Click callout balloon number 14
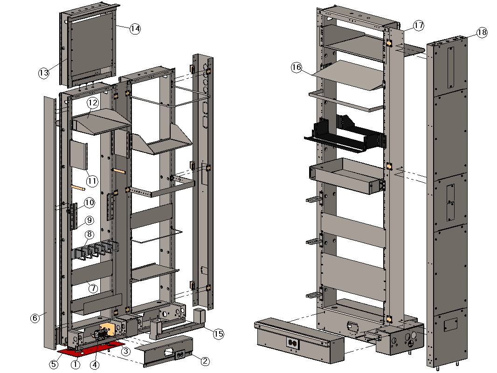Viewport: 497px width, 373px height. click(x=135, y=28)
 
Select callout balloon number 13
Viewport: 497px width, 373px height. click(x=44, y=73)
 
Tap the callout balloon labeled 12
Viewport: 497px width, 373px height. click(x=92, y=102)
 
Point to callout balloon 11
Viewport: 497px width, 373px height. click(x=91, y=180)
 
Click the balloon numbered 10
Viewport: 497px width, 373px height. click(x=89, y=203)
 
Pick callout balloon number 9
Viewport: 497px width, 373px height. click(x=89, y=220)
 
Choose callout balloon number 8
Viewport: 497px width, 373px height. click(x=89, y=235)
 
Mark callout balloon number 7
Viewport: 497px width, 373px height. click(x=93, y=288)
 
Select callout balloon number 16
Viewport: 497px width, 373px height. click(x=297, y=67)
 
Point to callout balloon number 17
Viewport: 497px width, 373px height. click(x=419, y=26)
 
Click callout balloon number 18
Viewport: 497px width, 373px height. click(x=482, y=32)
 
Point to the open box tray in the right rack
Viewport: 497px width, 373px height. click(x=347, y=175)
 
